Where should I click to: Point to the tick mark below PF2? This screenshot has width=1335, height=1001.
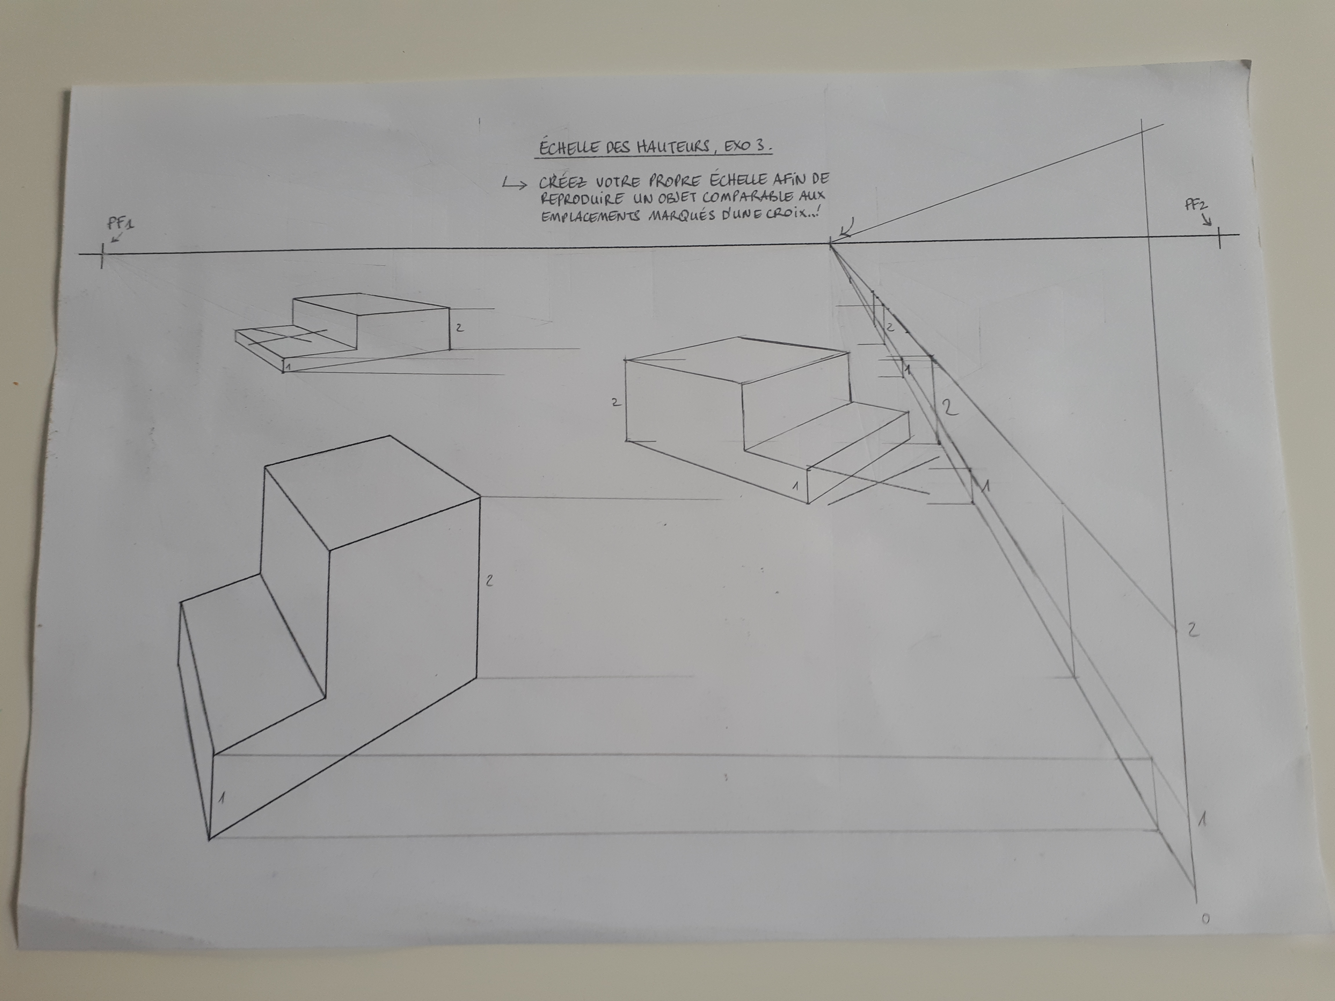point(1219,237)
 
